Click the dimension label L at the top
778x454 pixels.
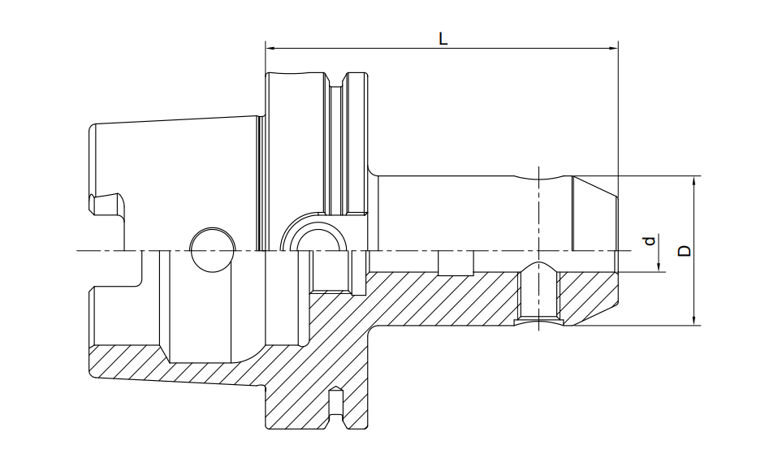pos(443,38)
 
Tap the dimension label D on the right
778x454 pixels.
pos(685,251)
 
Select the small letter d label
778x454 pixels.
pos(650,242)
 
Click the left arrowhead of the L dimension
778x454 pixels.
pos(270,49)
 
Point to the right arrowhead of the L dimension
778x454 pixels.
pos(614,49)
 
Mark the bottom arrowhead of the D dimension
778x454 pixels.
pos(694,321)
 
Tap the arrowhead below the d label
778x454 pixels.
pos(659,267)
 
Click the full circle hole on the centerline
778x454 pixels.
pos(212,250)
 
